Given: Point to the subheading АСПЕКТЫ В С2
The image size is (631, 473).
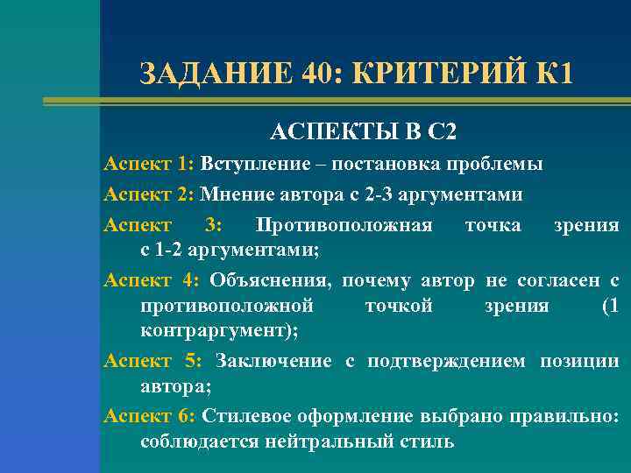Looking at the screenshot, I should pos(364,132).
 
